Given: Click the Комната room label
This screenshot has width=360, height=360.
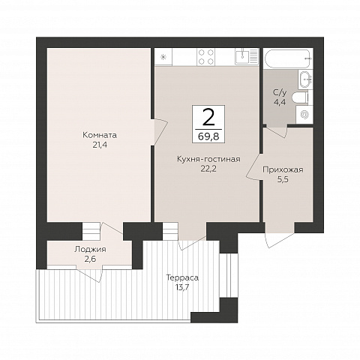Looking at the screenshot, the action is pyautogui.click(x=100, y=135).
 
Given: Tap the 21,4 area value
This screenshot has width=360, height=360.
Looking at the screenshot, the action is pyautogui.click(x=100, y=145).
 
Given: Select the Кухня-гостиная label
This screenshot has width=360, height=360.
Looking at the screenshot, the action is pyautogui.click(x=208, y=159).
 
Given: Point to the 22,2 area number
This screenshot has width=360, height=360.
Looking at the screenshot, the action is pyautogui.click(x=208, y=169).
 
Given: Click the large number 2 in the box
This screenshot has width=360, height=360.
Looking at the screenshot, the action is pyautogui.click(x=208, y=118).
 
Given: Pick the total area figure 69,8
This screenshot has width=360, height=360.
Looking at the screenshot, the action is pyautogui.click(x=208, y=136).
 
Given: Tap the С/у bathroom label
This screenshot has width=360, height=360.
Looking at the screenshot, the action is pyautogui.click(x=280, y=93).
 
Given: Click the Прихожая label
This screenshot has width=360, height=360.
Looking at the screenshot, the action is pyautogui.click(x=283, y=169).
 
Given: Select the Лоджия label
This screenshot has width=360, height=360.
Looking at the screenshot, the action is pyautogui.click(x=90, y=249).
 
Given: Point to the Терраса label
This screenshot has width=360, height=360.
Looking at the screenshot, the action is pyautogui.click(x=182, y=277).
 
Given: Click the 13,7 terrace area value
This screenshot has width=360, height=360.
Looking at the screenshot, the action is pyautogui.click(x=182, y=287).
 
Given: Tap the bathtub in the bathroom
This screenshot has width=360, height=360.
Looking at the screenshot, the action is pyautogui.click(x=288, y=58).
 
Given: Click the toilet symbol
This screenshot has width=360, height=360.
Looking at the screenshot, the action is pyautogui.click(x=301, y=97).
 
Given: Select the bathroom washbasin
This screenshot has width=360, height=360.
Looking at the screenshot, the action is pyautogui.click(x=304, y=79).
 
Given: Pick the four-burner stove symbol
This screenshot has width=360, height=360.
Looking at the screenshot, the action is pyautogui.click(x=206, y=57).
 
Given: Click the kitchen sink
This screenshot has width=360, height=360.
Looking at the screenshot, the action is pyautogui.click(x=246, y=56).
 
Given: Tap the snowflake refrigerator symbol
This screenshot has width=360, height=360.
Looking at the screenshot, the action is pyautogui.click(x=163, y=57).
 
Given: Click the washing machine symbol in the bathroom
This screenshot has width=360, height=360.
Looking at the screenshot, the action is pyautogui.click(x=304, y=115).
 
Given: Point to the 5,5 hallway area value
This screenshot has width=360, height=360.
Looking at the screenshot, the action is pyautogui.click(x=283, y=179).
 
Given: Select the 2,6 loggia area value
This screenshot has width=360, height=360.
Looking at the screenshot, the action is pyautogui.click(x=90, y=259).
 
